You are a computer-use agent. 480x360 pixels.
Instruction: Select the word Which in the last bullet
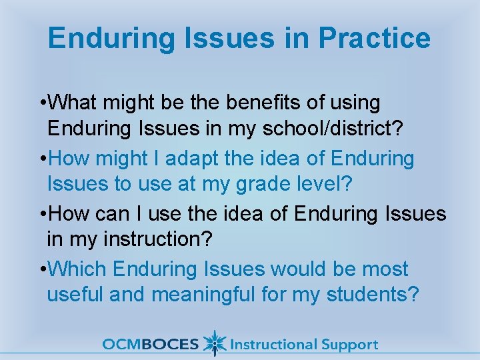78,269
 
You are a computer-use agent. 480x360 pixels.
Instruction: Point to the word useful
75,293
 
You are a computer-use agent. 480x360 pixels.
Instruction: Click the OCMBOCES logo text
151,345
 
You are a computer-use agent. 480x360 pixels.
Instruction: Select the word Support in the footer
349,345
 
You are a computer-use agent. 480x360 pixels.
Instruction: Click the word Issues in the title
235,38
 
